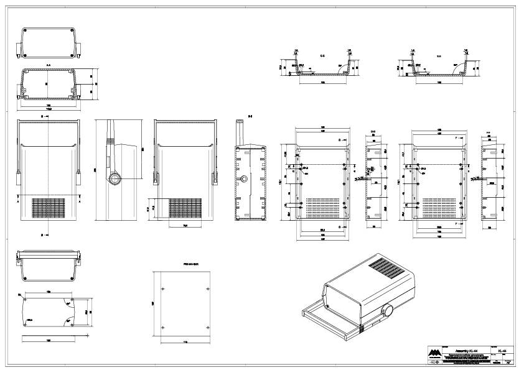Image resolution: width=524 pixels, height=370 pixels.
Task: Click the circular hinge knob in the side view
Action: (x=115, y=180)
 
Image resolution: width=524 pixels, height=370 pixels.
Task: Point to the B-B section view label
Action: (x=250, y=116)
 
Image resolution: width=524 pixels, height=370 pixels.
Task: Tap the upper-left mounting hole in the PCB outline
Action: (x=163, y=289)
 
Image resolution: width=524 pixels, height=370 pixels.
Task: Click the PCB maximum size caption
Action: (x=190, y=264)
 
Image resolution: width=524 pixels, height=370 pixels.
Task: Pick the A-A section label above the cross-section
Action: (x=49, y=64)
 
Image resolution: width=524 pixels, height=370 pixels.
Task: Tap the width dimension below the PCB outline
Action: (x=185, y=341)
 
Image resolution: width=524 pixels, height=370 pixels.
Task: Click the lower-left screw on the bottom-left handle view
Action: (x=26, y=274)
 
